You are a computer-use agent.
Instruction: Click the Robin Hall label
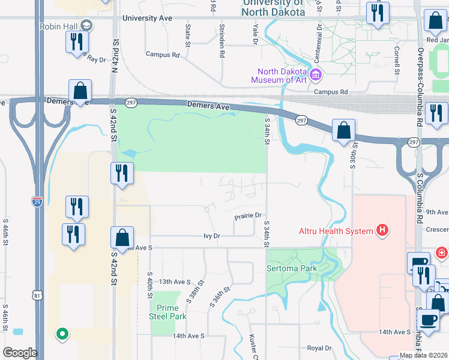pos(59,26)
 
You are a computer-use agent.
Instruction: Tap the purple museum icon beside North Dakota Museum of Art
pos(317,76)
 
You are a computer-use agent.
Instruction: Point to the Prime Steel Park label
pos(168,312)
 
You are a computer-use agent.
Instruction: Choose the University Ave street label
pos(147,19)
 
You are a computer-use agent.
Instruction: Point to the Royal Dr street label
pos(319,348)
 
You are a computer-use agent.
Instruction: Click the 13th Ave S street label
pos(174,281)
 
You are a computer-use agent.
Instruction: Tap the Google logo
pos(20,353)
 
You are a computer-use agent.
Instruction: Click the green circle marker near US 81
pos(61,334)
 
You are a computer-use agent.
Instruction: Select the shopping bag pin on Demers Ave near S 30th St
pos(343,130)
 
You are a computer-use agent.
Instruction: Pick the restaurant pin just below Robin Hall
pos(77,42)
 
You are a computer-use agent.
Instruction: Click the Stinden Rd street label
pos(222,43)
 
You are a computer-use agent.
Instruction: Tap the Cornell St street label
pos(397,60)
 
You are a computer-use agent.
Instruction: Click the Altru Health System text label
pos(336,230)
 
